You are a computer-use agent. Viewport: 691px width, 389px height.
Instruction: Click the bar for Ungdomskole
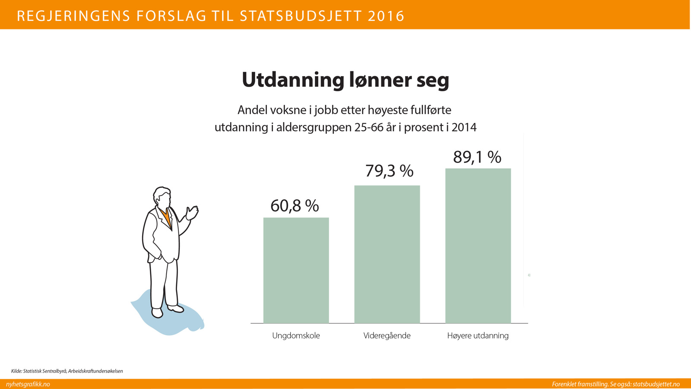(296, 270)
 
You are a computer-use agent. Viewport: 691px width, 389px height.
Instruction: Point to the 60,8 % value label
(295, 206)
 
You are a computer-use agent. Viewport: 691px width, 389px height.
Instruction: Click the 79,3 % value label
(389, 171)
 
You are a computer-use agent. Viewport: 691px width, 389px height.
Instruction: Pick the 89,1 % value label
(477, 157)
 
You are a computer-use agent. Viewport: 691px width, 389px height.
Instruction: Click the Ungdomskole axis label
(296, 336)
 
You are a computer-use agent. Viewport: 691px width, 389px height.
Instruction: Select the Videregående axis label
(387, 336)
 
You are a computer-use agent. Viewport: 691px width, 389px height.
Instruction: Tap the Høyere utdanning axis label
(478, 336)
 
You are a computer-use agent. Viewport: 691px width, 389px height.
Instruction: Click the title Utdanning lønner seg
(345, 80)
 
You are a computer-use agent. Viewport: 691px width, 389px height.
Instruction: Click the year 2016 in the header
(387, 16)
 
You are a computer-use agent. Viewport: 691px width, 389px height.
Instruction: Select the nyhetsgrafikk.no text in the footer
(28, 384)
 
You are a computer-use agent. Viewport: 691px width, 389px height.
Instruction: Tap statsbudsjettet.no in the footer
(656, 384)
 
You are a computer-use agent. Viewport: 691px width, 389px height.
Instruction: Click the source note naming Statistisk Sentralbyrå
(67, 371)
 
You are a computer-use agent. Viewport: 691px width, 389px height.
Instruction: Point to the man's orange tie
(166, 217)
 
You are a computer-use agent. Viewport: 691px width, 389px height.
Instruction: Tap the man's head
(162, 198)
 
